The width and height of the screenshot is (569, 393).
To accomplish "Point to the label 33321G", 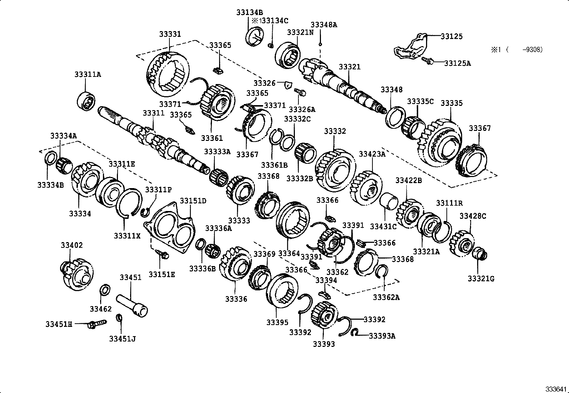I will (481, 279).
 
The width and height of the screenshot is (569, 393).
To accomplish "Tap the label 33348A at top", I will (323, 25).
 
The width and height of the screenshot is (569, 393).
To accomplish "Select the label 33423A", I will (372, 154).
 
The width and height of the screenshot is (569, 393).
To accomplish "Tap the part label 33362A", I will (386, 297).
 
